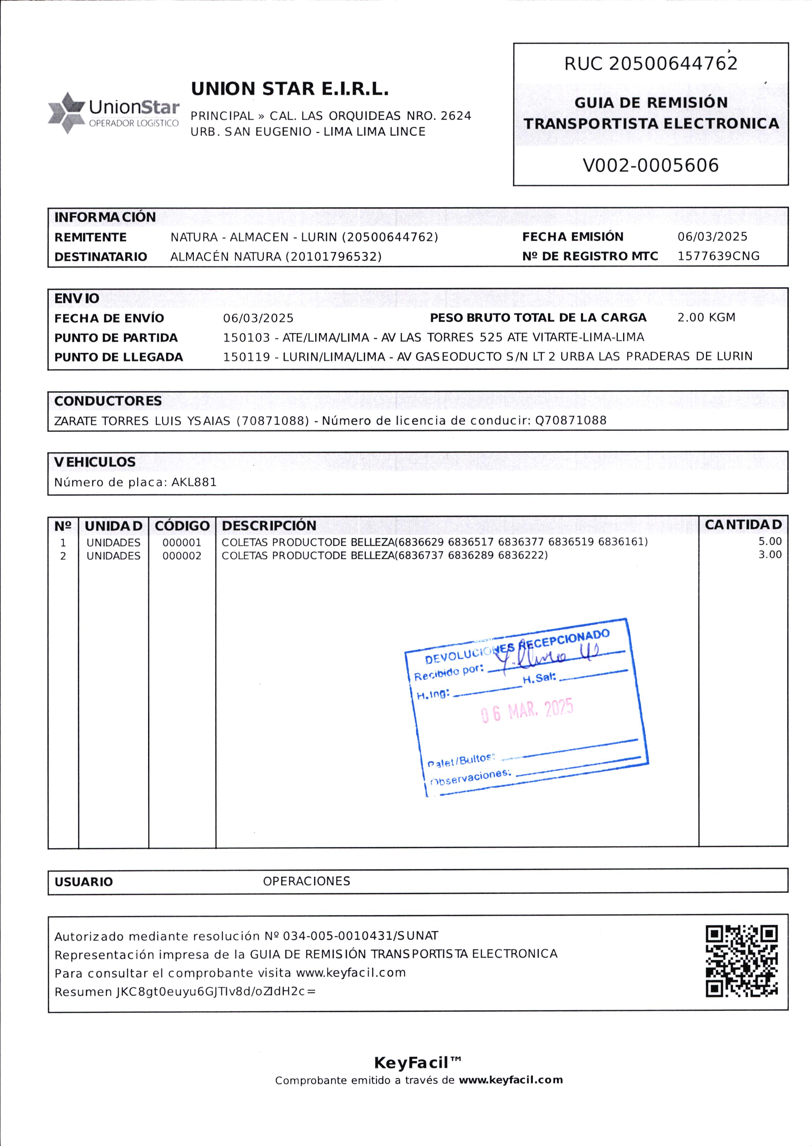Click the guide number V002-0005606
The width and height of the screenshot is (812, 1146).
pos(651,165)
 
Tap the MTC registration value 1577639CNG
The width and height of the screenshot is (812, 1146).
pos(718,256)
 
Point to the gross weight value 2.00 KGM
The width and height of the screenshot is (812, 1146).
pos(706,317)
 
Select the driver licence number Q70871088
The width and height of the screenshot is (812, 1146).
pos(570,420)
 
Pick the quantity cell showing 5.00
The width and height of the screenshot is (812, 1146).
pos(770,541)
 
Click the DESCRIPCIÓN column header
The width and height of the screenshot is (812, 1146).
pos(269,525)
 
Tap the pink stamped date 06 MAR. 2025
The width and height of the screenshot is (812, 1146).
pos(527,710)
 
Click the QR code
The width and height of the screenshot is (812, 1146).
pos(741,961)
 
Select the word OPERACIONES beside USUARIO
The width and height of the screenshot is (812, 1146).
pos(307,881)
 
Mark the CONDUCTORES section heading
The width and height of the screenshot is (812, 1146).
pos(108,401)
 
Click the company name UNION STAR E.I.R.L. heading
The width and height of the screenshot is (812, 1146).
pos(290,89)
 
